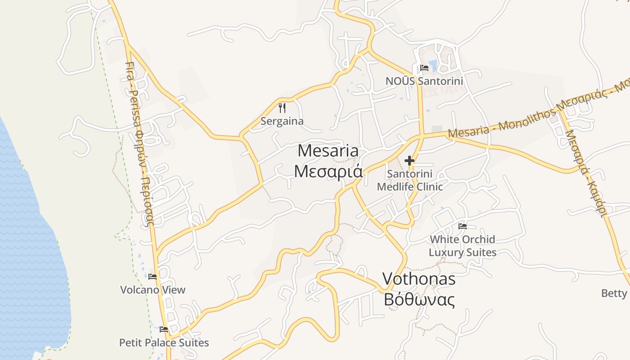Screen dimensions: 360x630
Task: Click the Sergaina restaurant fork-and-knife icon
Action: [282, 108]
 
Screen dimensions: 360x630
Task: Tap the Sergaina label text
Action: [282, 121]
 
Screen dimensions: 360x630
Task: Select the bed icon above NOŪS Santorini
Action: [424, 68]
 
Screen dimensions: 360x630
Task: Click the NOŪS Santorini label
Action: [424, 81]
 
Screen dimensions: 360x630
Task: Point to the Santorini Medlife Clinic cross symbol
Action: [409, 160]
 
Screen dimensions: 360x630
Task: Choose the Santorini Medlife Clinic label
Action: [410, 180]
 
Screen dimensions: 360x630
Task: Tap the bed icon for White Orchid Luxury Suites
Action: [463, 226]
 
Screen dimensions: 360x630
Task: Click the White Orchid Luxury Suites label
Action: [463, 246]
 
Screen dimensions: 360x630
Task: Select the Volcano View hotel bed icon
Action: [153, 277]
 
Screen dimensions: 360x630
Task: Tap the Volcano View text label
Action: [153, 290]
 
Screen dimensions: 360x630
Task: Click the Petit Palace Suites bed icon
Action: [164, 329]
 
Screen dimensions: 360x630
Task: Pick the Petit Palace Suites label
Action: [164, 342]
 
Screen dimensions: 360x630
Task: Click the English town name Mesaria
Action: [328, 151]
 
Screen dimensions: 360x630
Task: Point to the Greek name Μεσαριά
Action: [328, 171]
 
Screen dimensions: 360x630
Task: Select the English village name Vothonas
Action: [419, 279]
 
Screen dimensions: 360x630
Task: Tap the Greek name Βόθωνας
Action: [419, 300]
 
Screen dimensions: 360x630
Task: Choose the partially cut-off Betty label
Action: [614, 293]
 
